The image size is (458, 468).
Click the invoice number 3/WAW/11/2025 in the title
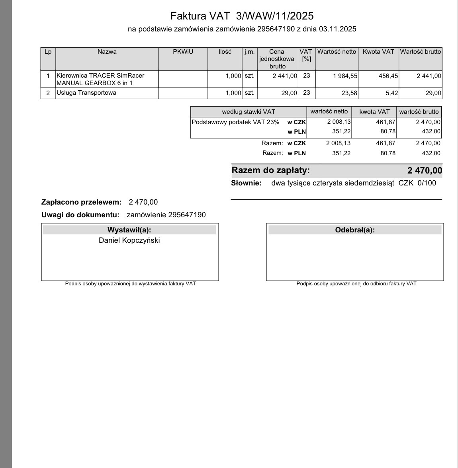(275, 16)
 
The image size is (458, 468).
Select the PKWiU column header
(183, 52)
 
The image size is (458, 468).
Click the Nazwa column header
(107, 52)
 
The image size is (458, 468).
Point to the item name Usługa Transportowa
(86, 93)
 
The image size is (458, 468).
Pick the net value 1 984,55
(345, 76)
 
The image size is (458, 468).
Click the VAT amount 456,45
(388, 76)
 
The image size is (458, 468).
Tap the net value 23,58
(349, 93)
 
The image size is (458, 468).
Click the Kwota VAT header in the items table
(378, 52)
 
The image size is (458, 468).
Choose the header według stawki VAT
(249, 112)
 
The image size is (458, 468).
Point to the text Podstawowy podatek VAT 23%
(235, 122)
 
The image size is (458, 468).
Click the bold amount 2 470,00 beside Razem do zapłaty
(425, 171)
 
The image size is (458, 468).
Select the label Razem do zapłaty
(271, 170)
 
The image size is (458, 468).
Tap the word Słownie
(246, 183)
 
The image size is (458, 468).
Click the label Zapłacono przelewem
(81, 202)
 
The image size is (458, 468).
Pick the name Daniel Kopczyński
(129, 240)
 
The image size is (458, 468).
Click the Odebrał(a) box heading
(355, 230)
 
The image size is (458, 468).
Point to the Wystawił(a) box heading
(129, 230)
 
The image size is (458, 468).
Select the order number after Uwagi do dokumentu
(187, 215)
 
